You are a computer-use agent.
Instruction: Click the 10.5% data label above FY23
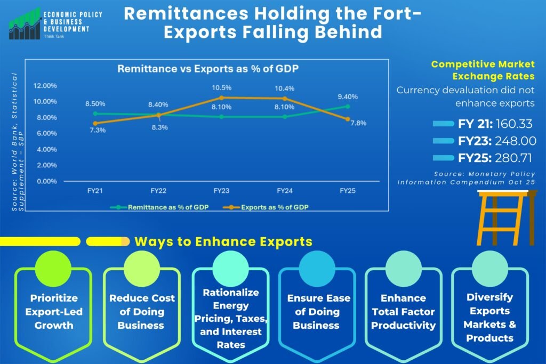tap(221, 88)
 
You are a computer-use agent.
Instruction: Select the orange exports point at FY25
tap(348, 119)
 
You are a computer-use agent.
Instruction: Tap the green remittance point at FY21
tap(95, 114)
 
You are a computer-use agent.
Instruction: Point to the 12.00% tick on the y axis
tap(45, 86)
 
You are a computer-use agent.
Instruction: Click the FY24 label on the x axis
tap(285, 191)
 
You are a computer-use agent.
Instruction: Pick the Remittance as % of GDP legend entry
tap(159, 207)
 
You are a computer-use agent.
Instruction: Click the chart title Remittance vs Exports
tap(208, 69)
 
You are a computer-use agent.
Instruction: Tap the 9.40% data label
tap(348, 97)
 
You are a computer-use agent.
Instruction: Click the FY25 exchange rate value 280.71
tap(513, 158)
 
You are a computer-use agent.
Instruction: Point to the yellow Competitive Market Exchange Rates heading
tap(483, 70)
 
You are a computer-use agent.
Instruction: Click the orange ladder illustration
tap(507, 218)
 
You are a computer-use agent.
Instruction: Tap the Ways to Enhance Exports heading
tap(223, 241)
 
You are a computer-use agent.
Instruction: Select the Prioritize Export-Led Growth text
tap(54, 311)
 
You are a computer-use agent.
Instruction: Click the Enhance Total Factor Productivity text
tap(403, 311)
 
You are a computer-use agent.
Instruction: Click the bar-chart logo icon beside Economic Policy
tap(25, 23)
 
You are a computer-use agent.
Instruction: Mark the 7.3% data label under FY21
tap(98, 130)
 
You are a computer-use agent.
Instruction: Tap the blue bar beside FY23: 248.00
tap(443, 141)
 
